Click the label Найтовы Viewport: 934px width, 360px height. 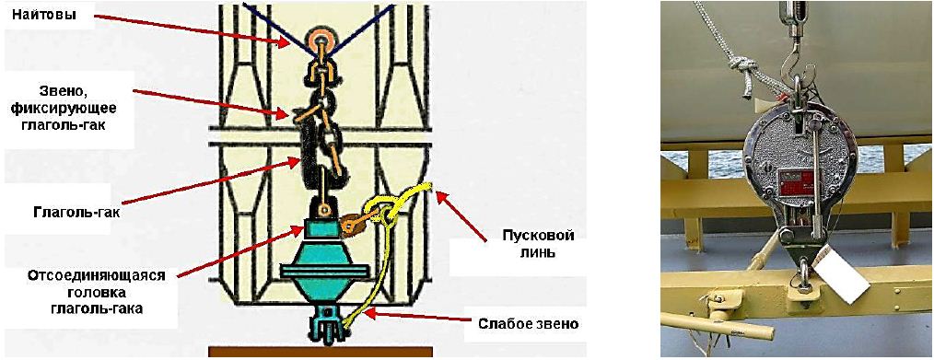click(x=45, y=17)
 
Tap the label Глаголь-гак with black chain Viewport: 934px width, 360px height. click(x=62, y=211)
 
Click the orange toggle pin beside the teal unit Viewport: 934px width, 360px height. click(x=356, y=223)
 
